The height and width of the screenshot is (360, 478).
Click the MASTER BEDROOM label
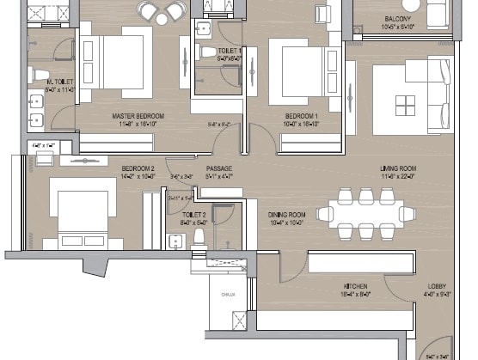138,115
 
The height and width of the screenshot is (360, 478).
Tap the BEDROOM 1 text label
302,115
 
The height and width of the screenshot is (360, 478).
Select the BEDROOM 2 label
138,168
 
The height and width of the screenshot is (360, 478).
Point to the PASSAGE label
219,168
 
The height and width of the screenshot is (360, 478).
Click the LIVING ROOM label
399,168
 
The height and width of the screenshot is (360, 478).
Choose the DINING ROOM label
287,215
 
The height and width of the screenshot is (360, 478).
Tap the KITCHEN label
356,286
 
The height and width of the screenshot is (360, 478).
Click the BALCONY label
398,18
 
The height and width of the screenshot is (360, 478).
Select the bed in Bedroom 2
82,211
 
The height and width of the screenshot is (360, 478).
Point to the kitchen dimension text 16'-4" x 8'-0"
356,294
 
